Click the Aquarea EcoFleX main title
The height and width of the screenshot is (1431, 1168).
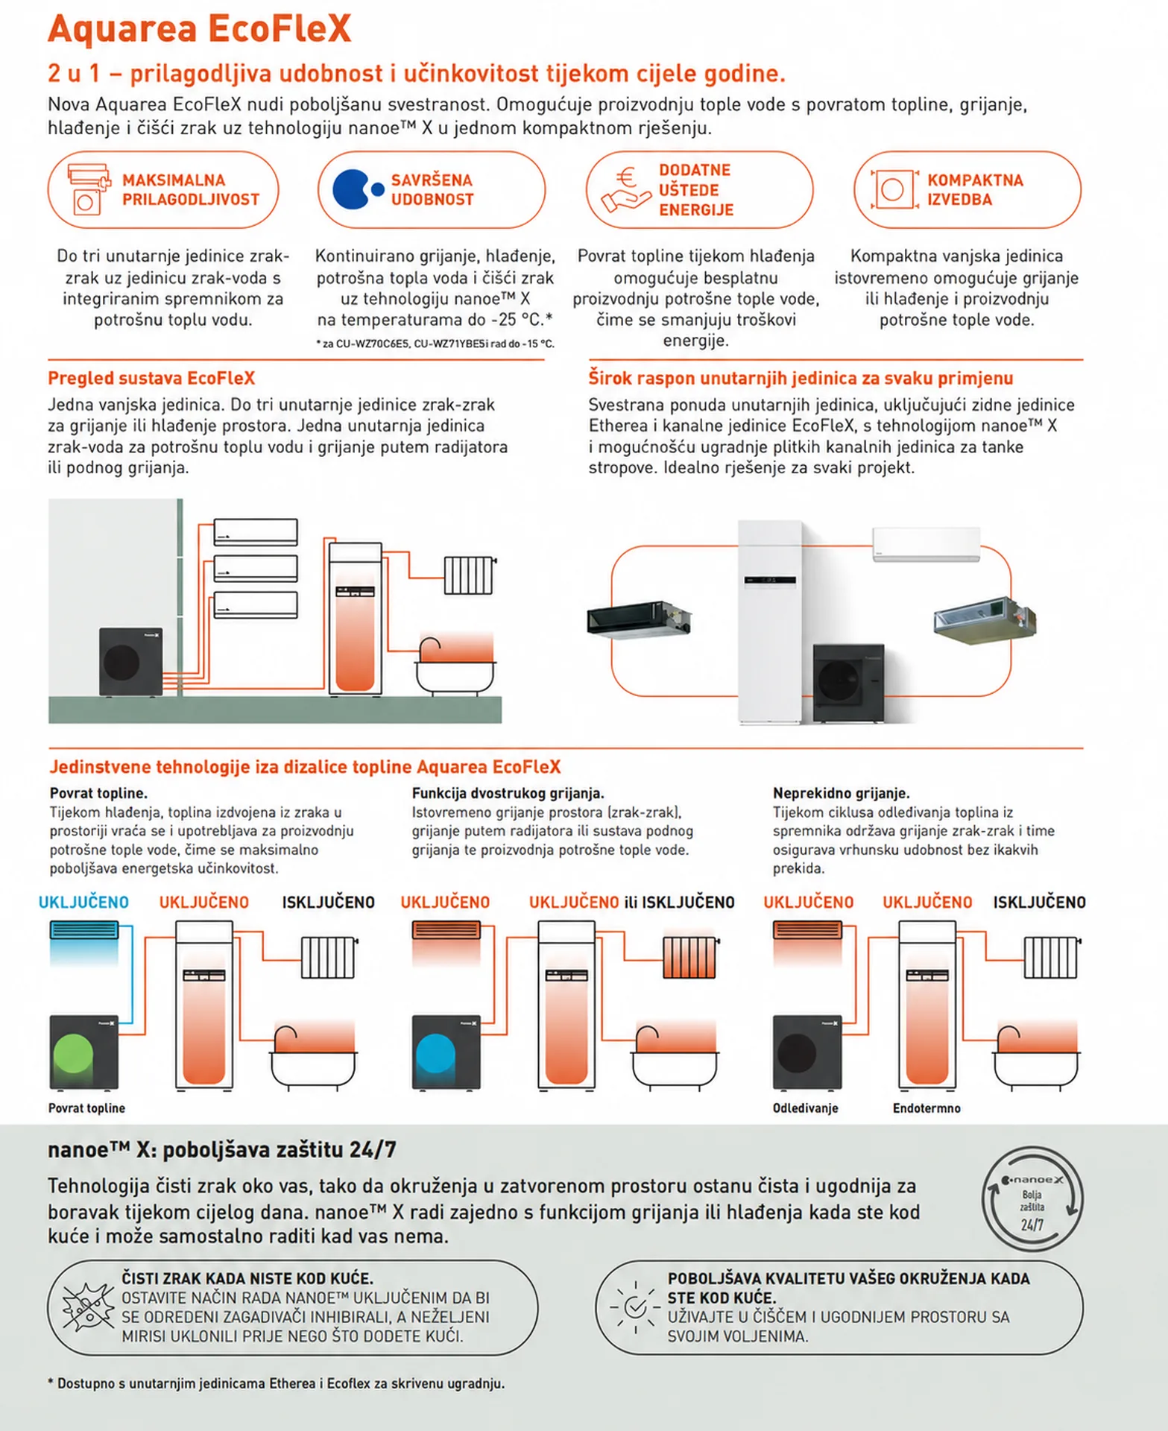(x=199, y=29)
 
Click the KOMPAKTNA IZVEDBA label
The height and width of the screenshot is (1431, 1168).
(x=975, y=190)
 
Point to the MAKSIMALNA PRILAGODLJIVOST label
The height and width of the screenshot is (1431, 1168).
(x=191, y=190)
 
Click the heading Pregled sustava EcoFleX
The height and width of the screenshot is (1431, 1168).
(x=151, y=378)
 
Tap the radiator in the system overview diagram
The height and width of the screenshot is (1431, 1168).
(x=470, y=575)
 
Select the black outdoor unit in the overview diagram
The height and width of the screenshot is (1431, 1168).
(x=130, y=661)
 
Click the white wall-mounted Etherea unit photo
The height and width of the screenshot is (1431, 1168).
(x=926, y=544)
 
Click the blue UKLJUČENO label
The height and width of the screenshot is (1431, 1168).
(x=83, y=903)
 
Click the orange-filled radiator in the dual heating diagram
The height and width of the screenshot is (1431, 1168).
(x=689, y=957)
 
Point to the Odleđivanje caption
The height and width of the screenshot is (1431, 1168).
(x=805, y=1108)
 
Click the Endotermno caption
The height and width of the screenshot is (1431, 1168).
(x=926, y=1108)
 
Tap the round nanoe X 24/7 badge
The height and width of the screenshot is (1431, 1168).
(x=1032, y=1199)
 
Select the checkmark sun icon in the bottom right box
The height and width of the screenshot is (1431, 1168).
(x=635, y=1307)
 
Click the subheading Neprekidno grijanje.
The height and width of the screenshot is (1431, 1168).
(x=842, y=793)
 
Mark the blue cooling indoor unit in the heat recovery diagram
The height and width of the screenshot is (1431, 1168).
(x=83, y=930)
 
